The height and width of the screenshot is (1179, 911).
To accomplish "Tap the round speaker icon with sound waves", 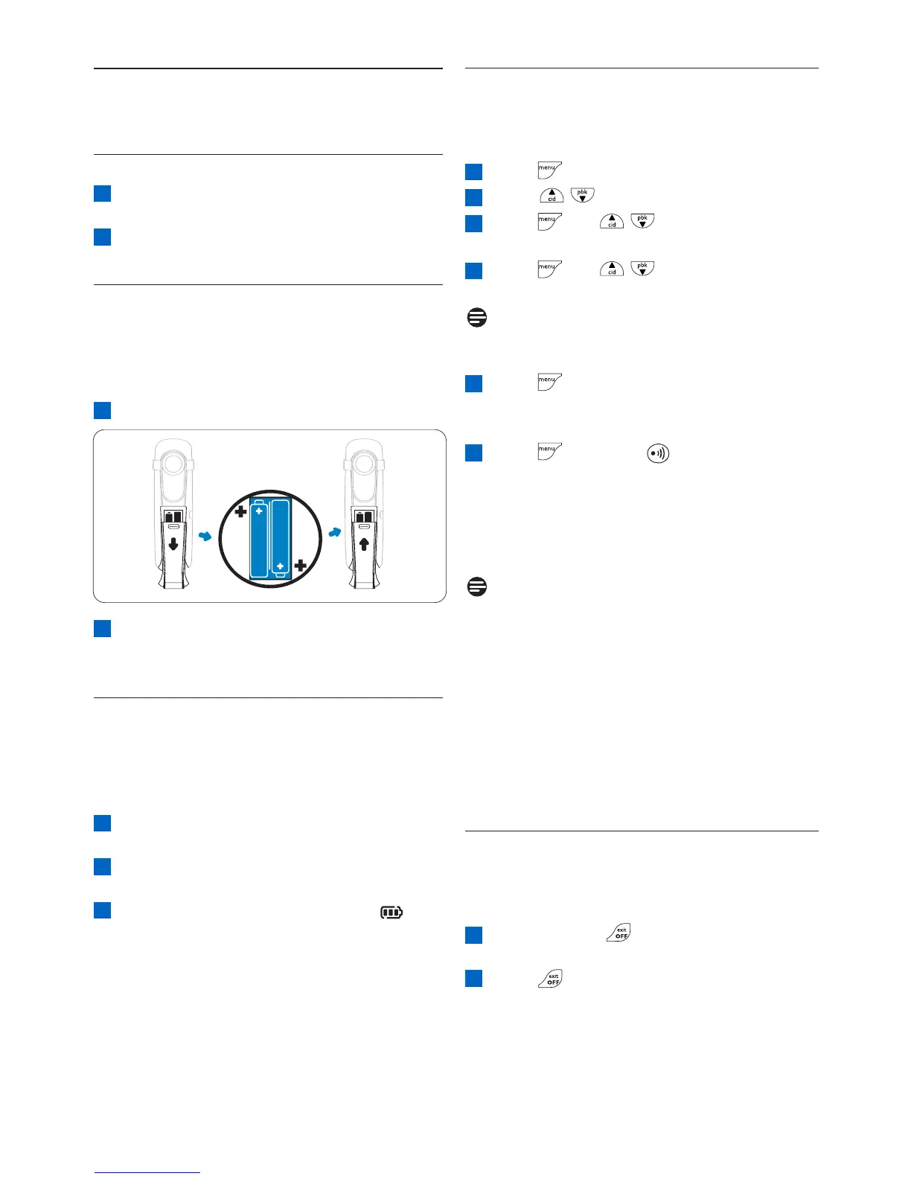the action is [x=658, y=453].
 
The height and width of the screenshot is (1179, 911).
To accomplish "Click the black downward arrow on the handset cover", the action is [x=173, y=544].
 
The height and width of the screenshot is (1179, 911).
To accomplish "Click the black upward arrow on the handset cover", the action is [x=364, y=544].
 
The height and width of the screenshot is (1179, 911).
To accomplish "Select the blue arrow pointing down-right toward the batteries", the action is [x=205, y=535].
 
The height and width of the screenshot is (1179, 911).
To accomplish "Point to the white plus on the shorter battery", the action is [x=281, y=566].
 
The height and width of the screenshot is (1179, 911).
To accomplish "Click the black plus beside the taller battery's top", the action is [x=240, y=512].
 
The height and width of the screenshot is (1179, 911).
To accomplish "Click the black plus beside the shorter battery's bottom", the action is [x=301, y=566].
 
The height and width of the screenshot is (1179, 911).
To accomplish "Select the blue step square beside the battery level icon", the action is [x=102, y=910].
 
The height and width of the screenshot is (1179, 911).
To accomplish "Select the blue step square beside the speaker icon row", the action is [x=474, y=453].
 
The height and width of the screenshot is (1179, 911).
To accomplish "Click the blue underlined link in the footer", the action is [x=147, y=1173].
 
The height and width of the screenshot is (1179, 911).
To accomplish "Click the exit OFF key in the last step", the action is [x=552, y=979].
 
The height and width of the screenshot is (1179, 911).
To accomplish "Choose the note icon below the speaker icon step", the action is [x=477, y=587].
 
